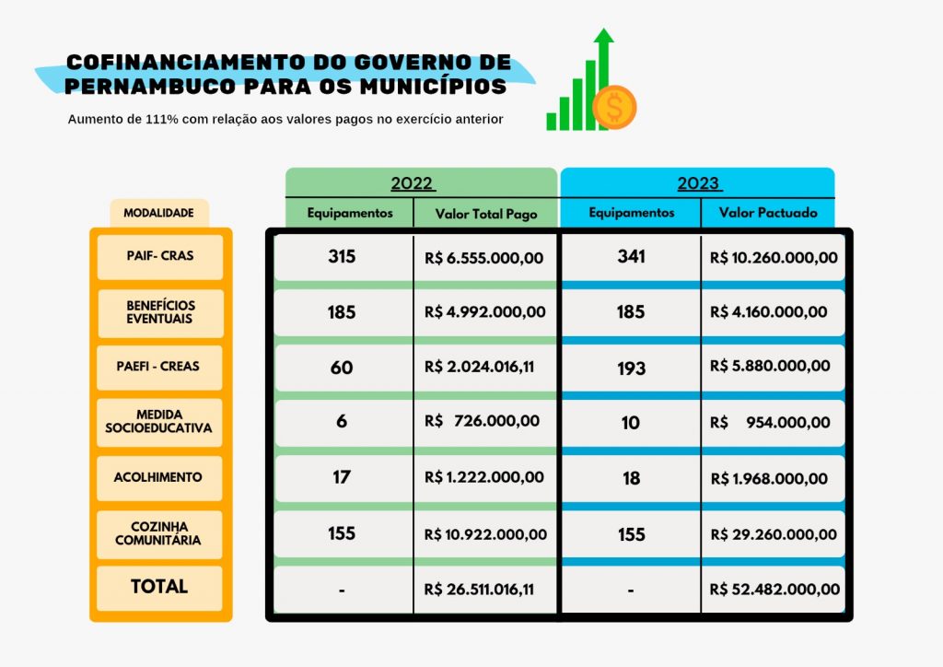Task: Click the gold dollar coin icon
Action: (614, 107)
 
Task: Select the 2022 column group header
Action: (413, 183)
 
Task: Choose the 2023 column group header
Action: (698, 183)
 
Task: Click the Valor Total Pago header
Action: (484, 213)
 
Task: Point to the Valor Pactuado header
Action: (767, 213)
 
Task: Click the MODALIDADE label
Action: (158, 213)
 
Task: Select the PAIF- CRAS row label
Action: (160, 255)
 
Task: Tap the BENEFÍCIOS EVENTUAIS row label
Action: (160, 312)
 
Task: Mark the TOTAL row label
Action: (159, 587)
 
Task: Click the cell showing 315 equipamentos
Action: (342, 257)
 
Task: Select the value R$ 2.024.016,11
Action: (480, 367)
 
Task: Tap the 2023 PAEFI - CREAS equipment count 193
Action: (631, 369)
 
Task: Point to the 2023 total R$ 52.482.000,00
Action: (774, 589)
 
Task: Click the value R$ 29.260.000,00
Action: (774, 534)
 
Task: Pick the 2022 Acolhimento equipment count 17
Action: (342, 478)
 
